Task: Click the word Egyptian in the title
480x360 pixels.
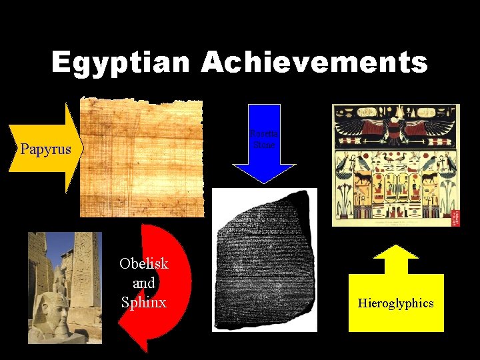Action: tap(120, 64)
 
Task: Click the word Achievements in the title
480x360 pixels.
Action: tap(314, 64)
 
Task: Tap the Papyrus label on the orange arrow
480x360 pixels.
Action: tap(45, 149)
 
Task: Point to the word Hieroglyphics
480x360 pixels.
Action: tap(395, 303)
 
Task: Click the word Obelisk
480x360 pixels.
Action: tap(143, 263)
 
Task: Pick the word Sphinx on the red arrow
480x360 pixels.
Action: tap(143, 302)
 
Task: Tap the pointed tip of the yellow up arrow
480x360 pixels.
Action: tap(396, 247)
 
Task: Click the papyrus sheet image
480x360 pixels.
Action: tap(141, 158)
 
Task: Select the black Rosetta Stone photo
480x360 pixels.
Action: tap(264, 260)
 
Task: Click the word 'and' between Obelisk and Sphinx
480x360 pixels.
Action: tap(143, 283)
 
